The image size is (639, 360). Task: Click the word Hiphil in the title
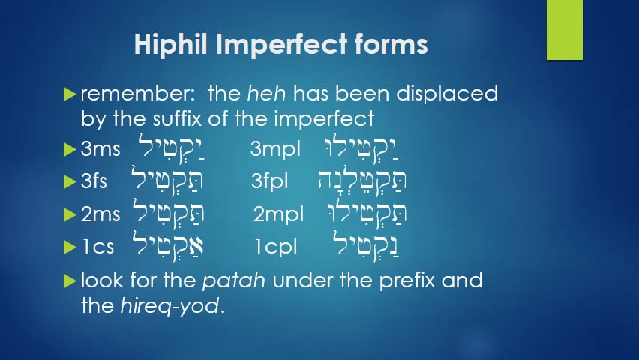click(171, 45)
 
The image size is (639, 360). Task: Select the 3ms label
click(100, 149)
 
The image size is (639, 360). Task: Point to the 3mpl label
click(275, 149)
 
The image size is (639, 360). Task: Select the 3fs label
click(96, 181)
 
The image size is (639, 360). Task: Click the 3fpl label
click(272, 181)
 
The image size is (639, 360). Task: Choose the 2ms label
click(100, 214)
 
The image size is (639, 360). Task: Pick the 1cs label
click(97, 247)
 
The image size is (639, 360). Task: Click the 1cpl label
click(275, 247)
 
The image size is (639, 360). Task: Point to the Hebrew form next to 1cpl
click(369, 244)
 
